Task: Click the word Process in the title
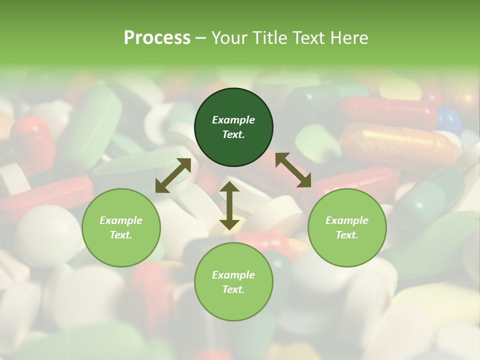157,38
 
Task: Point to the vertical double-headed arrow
229,205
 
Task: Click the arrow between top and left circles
173,175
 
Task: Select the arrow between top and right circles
293,170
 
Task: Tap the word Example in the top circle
233,120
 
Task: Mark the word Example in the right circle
347,220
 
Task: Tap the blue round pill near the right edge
448,120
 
